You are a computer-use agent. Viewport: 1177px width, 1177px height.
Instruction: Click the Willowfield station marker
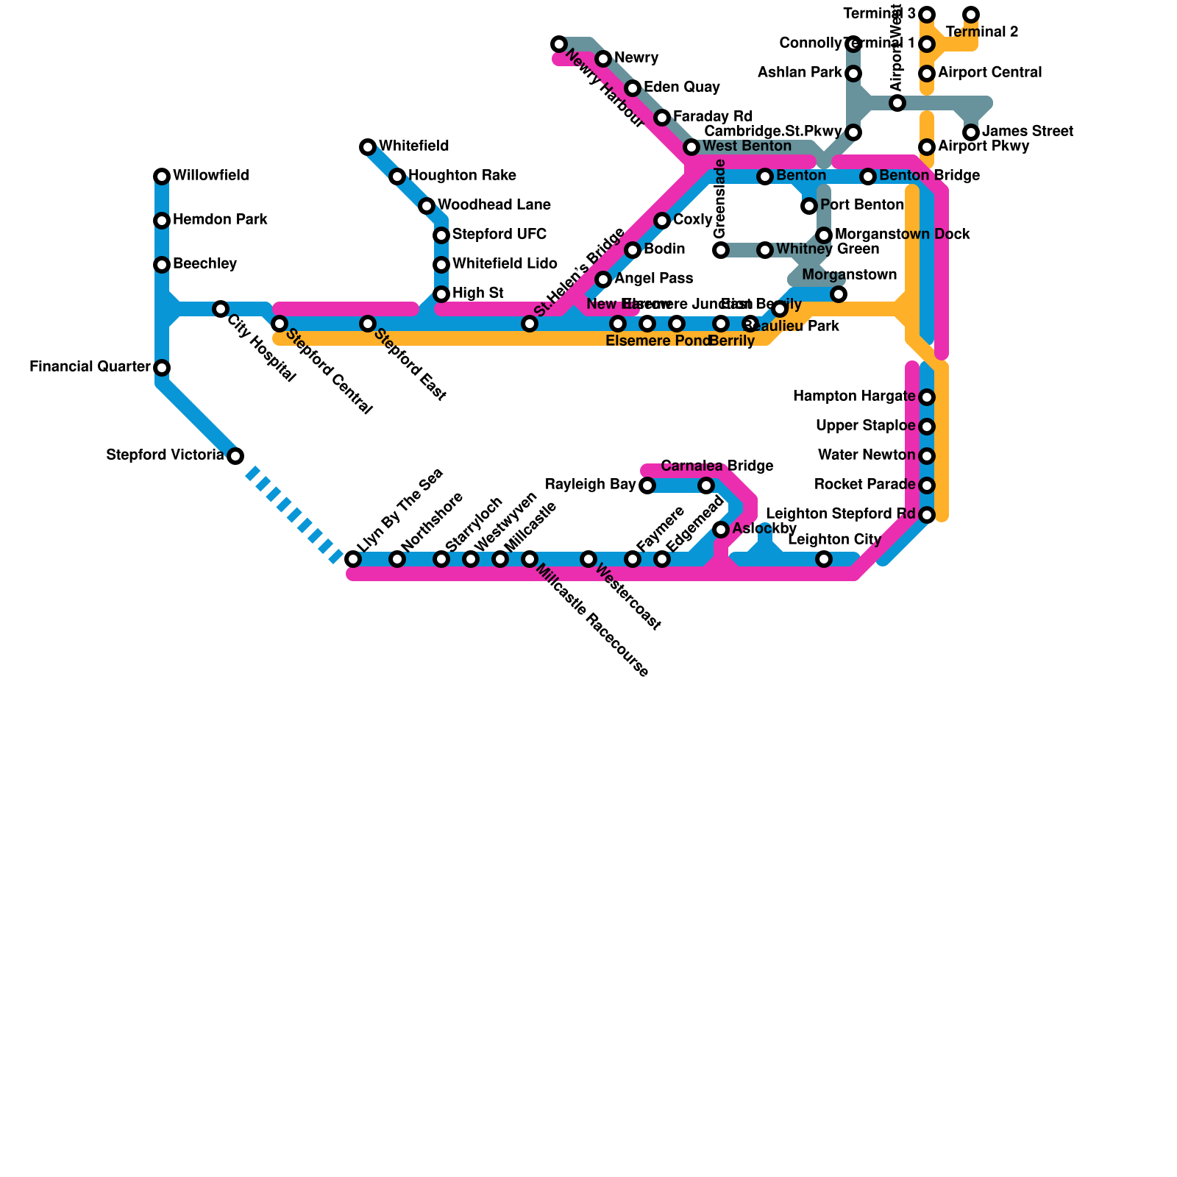click(162, 177)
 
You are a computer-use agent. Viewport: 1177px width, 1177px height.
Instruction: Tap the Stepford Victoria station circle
click(235, 456)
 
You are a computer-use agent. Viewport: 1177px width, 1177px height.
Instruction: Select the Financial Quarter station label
click(90, 367)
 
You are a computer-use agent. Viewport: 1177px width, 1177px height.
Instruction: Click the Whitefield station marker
click(368, 147)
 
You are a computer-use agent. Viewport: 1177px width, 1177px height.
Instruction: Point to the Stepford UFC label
click(499, 235)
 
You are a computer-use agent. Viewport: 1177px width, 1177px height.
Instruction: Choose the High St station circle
click(441, 294)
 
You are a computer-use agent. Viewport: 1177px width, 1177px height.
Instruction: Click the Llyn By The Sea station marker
click(353, 559)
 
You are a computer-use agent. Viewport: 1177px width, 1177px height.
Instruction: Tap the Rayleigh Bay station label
click(590, 485)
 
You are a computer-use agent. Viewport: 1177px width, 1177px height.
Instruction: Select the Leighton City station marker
click(824, 559)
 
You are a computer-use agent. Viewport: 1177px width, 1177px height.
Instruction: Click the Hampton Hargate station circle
click(927, 397)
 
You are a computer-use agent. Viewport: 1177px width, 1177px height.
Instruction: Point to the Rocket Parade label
click(864, 485)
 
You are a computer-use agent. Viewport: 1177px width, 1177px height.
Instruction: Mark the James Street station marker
click(971, 132)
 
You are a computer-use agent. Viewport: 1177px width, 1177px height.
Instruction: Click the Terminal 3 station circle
click(927, 15)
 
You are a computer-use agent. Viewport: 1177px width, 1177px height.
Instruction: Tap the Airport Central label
click(989, 73)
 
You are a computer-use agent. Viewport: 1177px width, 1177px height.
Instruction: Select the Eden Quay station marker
click(633, 88)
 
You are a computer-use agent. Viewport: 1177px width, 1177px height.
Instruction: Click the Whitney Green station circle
click(765, 250)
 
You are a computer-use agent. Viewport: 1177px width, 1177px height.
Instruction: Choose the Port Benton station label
click(861, 205)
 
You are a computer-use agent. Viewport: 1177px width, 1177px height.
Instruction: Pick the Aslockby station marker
click(721, 530)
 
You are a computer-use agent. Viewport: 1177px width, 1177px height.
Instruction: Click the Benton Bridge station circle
click(868, 177)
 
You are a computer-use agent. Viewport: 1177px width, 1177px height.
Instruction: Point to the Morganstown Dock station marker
click(824, 235)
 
